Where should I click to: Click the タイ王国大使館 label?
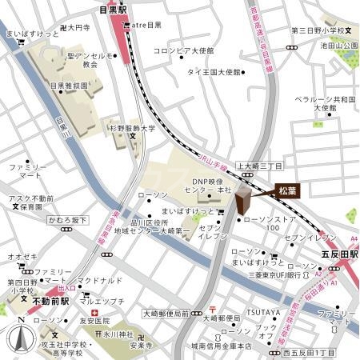click(x=214, y=72)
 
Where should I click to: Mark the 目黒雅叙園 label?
click(x=70, y=84)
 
